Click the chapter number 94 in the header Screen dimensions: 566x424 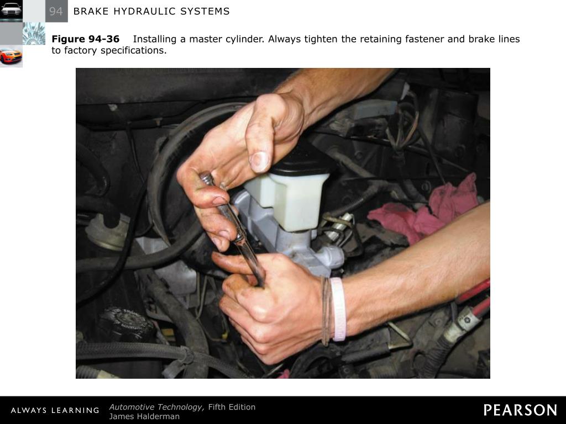[x=56, y=12]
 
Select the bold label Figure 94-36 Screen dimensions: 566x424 [x=86, y=39]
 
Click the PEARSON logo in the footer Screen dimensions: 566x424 [x=520, y=410]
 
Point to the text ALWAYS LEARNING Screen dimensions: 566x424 [x=55, y=410]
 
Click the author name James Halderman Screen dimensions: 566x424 [x=144, y=416]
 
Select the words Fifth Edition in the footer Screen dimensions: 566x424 [x=232, y=407]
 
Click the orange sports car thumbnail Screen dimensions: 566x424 [x=11, y=56]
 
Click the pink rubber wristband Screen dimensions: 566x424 [x=338, y=309]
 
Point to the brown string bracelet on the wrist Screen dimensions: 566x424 [x=326, y=310]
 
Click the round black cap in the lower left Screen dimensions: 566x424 [x=126, y=322]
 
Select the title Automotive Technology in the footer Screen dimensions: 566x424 [x=156, y=407]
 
